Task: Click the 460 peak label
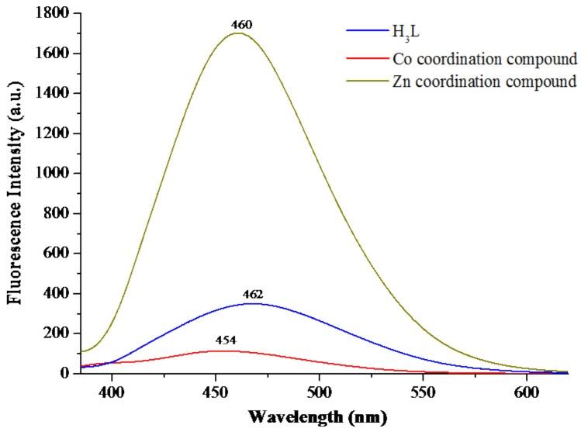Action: coord(242,25)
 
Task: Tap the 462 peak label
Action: coord(253,295)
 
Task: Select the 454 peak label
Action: coord(226,340)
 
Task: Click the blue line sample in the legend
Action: coord(365,31)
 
